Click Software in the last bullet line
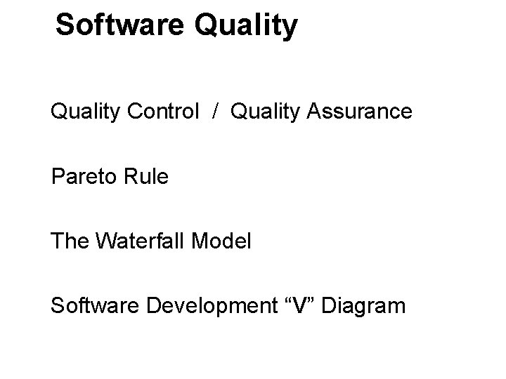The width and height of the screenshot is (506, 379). (94, 306)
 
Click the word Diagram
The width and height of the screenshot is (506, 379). (370, 307)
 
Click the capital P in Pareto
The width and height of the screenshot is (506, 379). (58, 176)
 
